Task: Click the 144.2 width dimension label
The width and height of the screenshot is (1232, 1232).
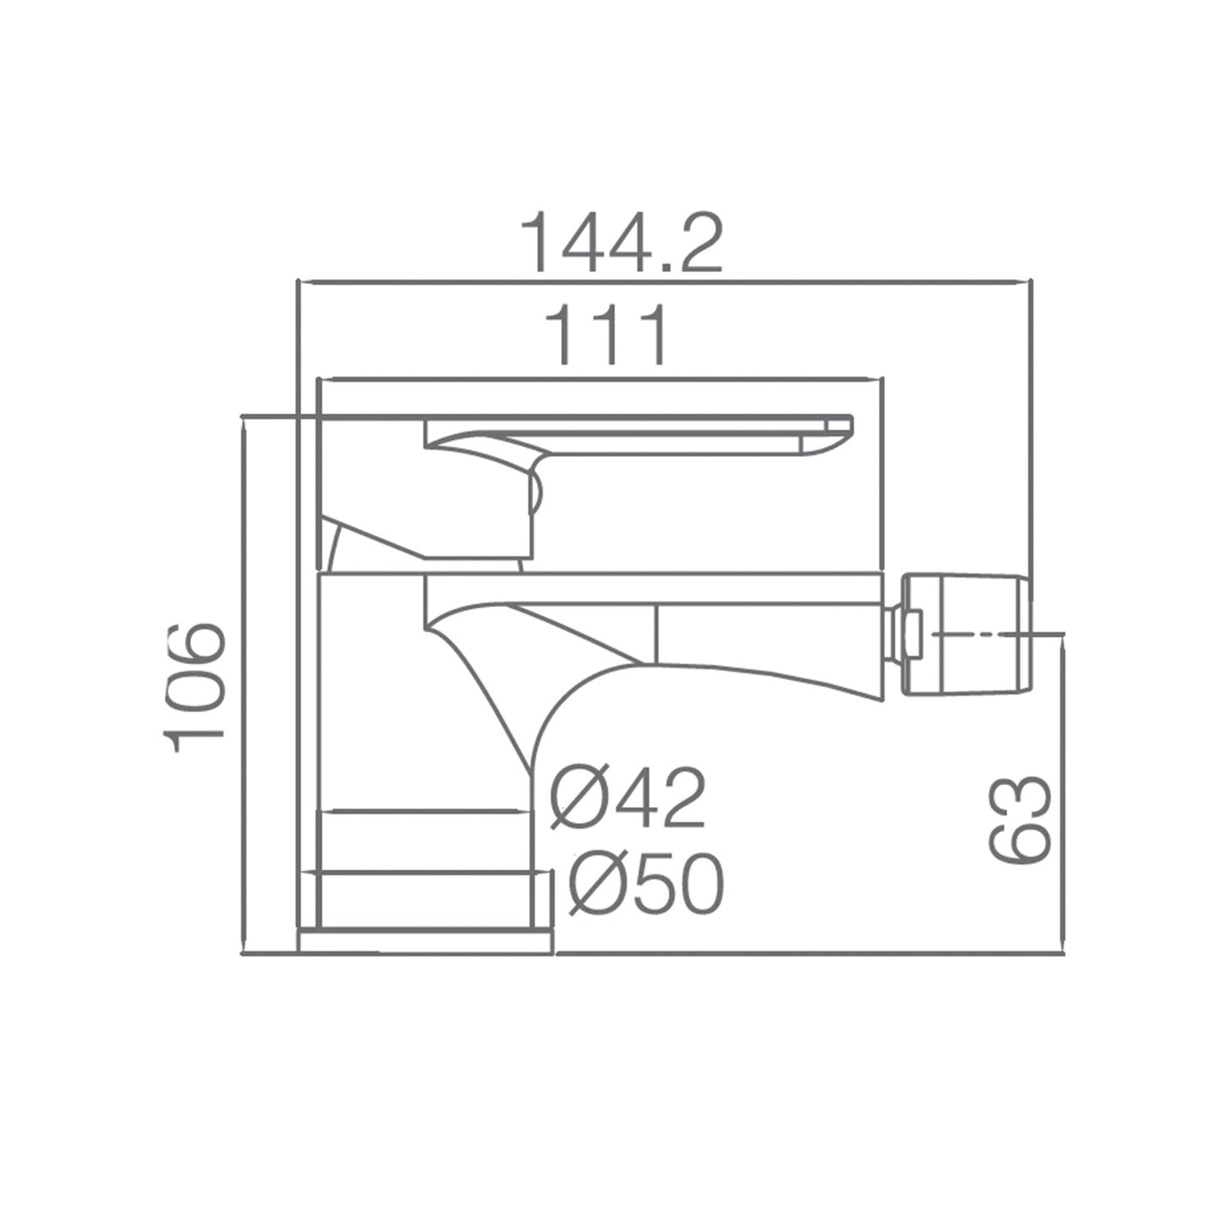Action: coord(622,242)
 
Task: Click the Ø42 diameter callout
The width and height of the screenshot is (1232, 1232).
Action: coord(628,798)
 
